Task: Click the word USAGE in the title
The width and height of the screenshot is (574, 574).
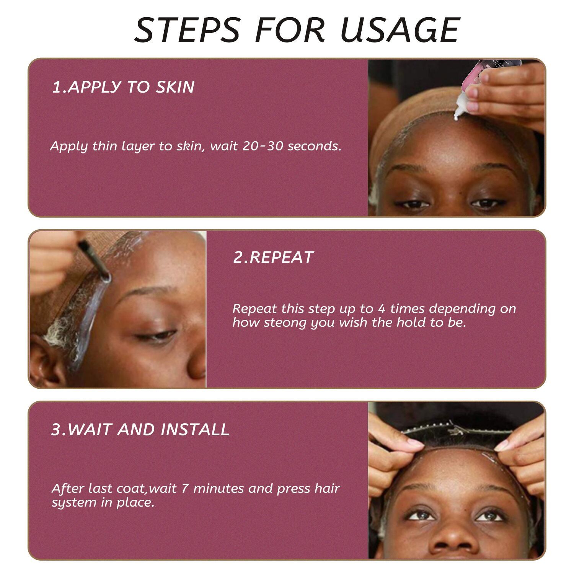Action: tap(400, 30)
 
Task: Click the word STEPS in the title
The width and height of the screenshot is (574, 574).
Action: tap(188, 30)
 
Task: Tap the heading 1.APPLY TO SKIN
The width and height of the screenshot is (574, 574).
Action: tap(123, 87)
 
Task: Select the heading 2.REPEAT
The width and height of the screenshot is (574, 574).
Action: tap(273, 257)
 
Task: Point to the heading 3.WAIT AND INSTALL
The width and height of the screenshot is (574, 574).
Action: tap(140, 429)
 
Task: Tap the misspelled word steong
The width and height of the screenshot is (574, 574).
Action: tap(285, 323)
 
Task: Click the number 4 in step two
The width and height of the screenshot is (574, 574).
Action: tap(381, 308)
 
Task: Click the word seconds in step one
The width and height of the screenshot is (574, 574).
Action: tap(314, 146)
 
